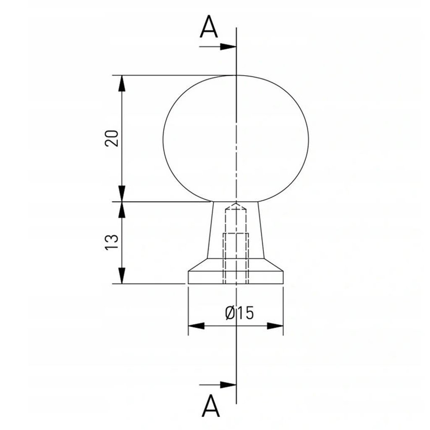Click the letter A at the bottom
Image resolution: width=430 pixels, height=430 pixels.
[x=211, y=406]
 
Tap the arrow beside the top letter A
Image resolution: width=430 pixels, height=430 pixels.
[x=218, y=47]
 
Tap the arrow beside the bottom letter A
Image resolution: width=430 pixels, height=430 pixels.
[x=218, y=385]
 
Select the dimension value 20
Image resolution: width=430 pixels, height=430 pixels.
[x=112, y=138]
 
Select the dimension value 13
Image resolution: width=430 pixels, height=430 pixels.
[x=112, y=242]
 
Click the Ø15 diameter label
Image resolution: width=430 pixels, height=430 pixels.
[x=239, y=313]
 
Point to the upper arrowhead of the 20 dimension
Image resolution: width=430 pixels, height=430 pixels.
[x=122, y=84]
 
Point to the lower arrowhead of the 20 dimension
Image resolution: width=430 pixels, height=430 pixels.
[x=122, y=194]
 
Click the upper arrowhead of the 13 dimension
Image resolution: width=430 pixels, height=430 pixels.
[x=122, y=210]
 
